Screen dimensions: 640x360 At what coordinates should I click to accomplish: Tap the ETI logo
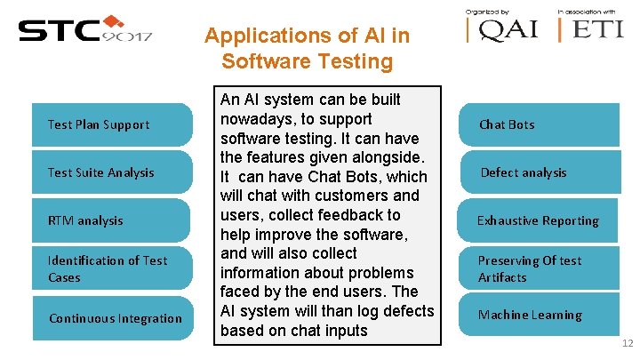tap(592, 29)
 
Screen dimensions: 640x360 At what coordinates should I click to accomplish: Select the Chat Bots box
tap(539, 124)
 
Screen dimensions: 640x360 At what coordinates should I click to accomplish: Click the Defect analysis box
tap(539, 172)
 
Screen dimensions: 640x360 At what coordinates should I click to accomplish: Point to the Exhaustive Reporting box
tap(539, 220)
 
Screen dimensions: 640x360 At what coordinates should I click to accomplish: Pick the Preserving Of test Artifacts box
tap(539, 268)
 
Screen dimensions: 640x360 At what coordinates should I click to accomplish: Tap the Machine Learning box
tap(539, 315)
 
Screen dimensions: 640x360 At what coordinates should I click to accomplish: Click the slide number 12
tap(627, 344)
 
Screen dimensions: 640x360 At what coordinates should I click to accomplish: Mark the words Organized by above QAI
tap(487, 11)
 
